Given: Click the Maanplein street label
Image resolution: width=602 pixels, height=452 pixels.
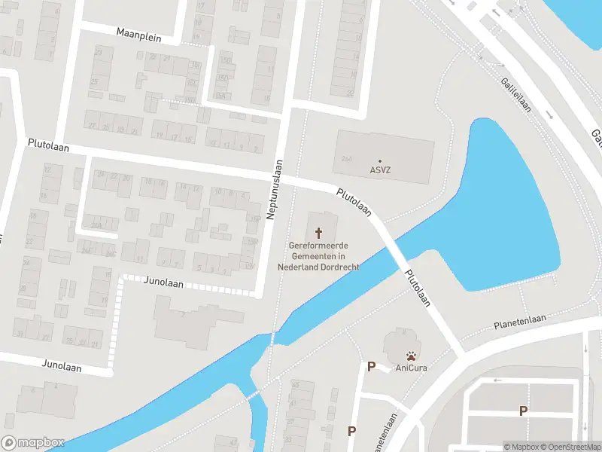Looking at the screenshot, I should pyautogui.click(x=141, y=33).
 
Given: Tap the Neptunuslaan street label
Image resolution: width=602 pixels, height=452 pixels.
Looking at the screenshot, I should pyautogui.click(x=277, y=189).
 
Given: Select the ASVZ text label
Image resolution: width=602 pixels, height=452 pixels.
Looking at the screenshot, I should pyautogui.click(x=380, y=170).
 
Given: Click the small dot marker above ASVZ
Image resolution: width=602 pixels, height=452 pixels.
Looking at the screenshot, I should pyautogui.click(x=380, y=160).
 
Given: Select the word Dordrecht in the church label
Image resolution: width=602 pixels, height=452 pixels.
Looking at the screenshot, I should pyautogui.click(x=339, y=267).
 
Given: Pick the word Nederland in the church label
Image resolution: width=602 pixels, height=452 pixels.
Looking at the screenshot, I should pyautogui.click(x=299, y=267).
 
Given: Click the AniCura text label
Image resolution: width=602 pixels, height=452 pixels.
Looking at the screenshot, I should pyautogui.click(x=412, y=368).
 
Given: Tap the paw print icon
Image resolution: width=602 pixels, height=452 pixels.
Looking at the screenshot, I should pyautogui.click(x=412, y=356).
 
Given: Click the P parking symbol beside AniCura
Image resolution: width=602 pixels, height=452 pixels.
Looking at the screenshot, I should pyautogui.click(x=371, y=367).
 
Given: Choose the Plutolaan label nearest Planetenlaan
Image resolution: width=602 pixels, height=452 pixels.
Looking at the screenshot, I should pyautogui.click(x=418, y=288).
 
